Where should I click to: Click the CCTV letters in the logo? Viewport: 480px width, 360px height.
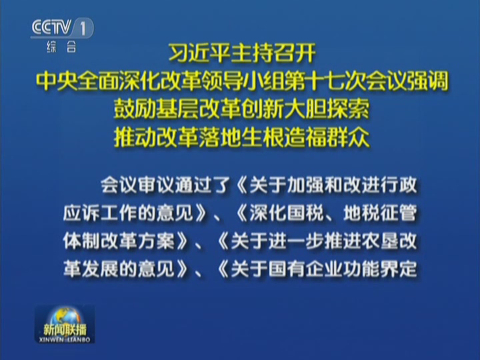(51, 27)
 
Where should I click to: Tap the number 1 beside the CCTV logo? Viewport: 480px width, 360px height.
(83, 28)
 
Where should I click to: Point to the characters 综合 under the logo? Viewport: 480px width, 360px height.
(61, 47)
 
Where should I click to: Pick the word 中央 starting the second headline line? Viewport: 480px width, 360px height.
(56, 81)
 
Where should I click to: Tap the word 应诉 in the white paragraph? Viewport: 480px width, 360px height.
(81, 213)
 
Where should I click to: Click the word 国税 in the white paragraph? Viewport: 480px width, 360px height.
(305, 213)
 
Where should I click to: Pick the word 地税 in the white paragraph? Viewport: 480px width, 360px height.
(361, 213)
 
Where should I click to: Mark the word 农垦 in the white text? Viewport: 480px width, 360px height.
(380, 241)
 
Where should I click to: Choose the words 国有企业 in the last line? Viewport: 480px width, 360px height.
(305, 269)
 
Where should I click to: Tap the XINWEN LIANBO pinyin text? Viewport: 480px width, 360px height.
(65, 340)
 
